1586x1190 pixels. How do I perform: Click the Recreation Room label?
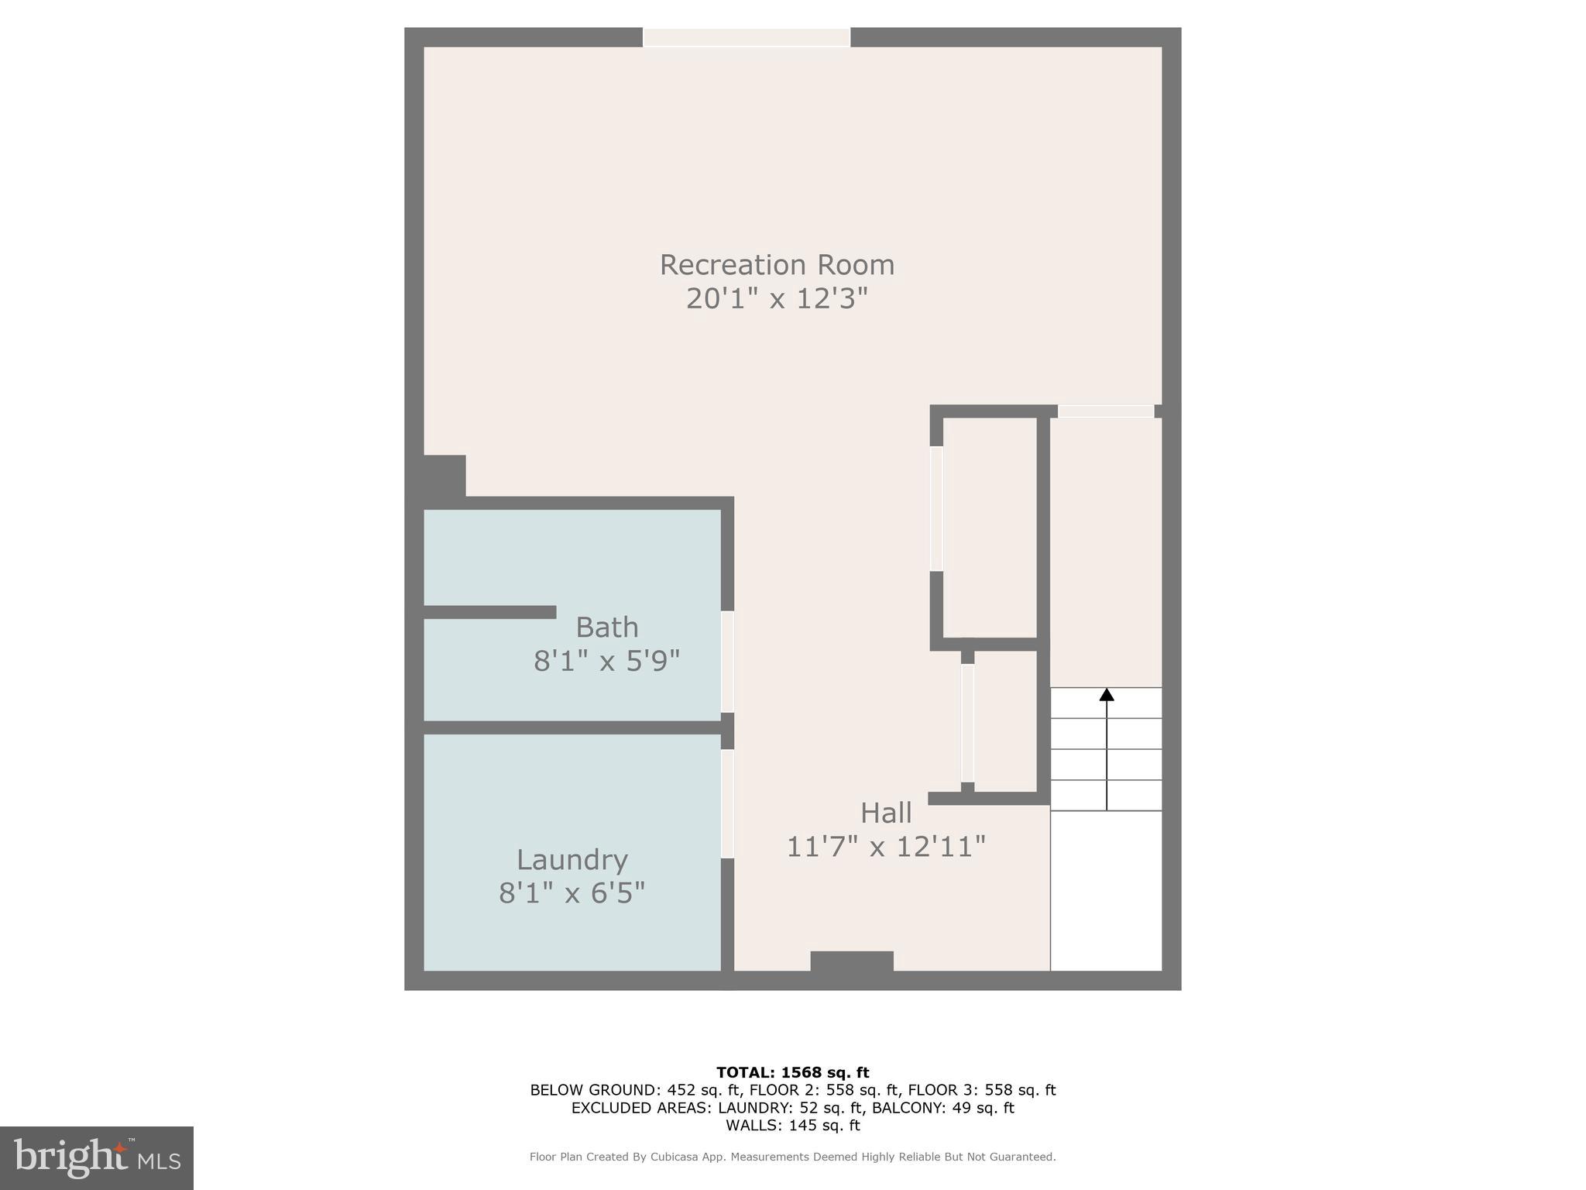click(x=777, y=265)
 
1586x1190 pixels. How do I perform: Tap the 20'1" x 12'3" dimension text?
click(x=777, y=298)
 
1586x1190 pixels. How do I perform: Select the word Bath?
click(x=607, y=627)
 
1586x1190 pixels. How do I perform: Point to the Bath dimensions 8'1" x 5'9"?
click(x=606, y=661)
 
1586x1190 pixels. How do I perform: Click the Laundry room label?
click(x=572, y=860)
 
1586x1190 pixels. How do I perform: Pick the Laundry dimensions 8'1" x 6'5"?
click(x=572, y=893)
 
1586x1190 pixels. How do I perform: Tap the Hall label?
click(x=886, y=813)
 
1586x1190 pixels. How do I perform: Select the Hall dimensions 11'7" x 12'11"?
click(x=886, y=847)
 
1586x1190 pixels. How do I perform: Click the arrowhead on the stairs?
click(x=1107, y=695)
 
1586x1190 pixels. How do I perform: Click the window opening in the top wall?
click(x=747, y=37)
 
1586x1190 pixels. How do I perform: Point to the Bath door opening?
click(x=727, y=662)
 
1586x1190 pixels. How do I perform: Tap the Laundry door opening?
click(x=727, y=803)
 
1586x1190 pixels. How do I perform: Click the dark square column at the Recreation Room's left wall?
click(x=444, y=476)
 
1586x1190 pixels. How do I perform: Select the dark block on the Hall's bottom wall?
click(x=852, y=961)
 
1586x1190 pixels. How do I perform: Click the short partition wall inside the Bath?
click(x=489, y=612)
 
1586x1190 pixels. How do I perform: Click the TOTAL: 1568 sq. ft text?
click(x=792, y=1073)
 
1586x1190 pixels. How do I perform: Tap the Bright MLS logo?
click(x=97, y=1158)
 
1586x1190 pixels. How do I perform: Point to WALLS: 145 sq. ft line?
click(x=792, y=1126)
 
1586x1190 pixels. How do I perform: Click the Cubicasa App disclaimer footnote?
click(x=792, y=1157)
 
